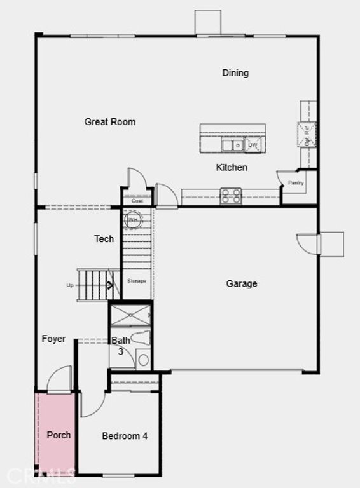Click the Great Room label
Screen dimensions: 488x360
(x=109, y=121)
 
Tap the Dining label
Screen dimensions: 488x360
(x=235, y=72)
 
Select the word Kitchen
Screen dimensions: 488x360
(x=232, y=168)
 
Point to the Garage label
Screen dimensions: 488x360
(x=242, y=283)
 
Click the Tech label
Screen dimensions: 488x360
(x=104, y=239)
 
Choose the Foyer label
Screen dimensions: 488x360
(x=53, y=339)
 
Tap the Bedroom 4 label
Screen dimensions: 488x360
(x=125, y=436)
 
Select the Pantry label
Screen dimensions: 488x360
(x=296, y=183)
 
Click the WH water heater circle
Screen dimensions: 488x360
(x=133, y=220)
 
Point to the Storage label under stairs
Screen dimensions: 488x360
(x=136, y=281)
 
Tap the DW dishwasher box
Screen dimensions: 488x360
(x=253, y=146)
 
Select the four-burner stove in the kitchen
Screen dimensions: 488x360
(x=231, y=196)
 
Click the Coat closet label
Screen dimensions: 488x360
(x=137, y=201)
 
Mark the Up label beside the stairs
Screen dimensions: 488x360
(x=70, y=285)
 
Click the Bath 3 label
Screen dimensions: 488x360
(x=121, y=345)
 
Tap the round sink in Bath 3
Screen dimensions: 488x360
(x=143, y=360)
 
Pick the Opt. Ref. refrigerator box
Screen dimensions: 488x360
(x=307, y=133)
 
